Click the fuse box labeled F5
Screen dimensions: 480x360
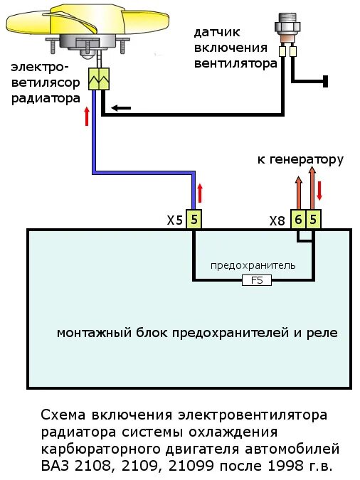(x=257, y=280)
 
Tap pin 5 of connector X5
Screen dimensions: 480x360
(x=194, y=220)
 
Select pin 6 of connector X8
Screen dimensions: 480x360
(x=299, y=220)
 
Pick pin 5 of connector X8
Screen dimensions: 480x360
(x=314, y=220)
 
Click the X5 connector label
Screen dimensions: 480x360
(x=175, y=220)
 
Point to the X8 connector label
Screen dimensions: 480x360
(x=277, y=220)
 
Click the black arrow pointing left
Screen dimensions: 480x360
(x=120, y=108)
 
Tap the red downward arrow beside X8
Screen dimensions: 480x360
(x=319, y=191)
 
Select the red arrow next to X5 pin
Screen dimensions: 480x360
(x=200, y=193)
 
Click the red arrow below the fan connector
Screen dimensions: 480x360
(x=87, y=116)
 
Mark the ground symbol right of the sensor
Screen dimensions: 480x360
(x=325, y=81)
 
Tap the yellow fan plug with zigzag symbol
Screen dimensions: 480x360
(x=97, y=79)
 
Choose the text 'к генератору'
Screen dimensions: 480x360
(x=300, y=159)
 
